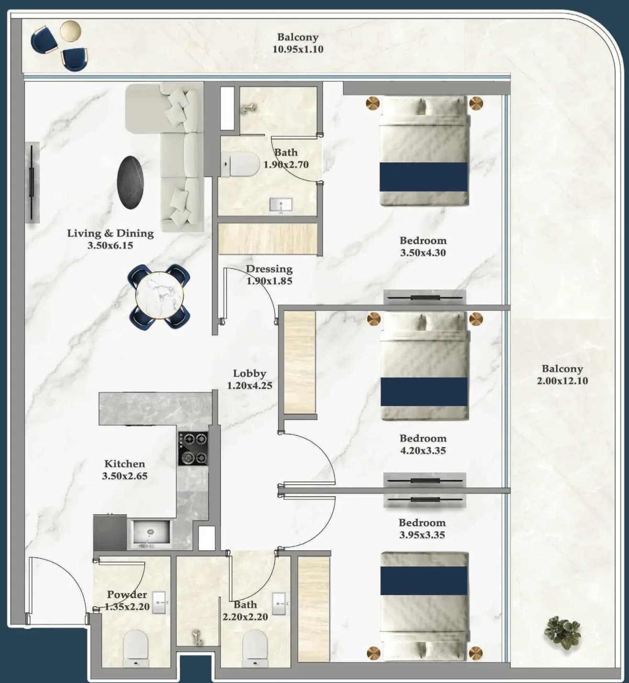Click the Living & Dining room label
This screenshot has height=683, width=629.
pyautogui.click(x=110, y=233)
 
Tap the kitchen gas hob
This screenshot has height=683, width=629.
pyautogui.click(x=193, y=448)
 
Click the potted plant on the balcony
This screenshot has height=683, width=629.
pyautogui.click(x=562, y=632)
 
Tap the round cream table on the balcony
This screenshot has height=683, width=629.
pyautogui.click(x=70, y=31)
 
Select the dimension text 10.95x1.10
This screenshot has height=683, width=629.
pyautogui.click(x=298, y=49)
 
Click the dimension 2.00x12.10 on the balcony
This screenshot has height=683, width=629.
pyautogui.click(x=562, y=380)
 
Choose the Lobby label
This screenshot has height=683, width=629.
pyautogui.click(x=249, y=373)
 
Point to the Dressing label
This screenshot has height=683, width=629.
pyautogui.click(x=269, y=269)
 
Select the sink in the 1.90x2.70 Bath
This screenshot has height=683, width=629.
pyautogui.click(x=281, y=205)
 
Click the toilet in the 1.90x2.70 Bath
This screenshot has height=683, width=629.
pyautogui.click(x=240, y=164)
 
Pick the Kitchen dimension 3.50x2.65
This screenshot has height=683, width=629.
pyautogui.click(x=125, y=476)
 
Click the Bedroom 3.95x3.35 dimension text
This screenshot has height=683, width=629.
pyautogui.click(x=422, y=535)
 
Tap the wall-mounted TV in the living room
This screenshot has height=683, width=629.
pyautogui.click(x=32, y=183)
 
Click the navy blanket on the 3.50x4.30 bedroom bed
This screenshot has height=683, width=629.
pyautogui.click(x=423, y=177)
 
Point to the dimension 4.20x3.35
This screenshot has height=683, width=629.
pyautogui.click(x=423, y=451)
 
